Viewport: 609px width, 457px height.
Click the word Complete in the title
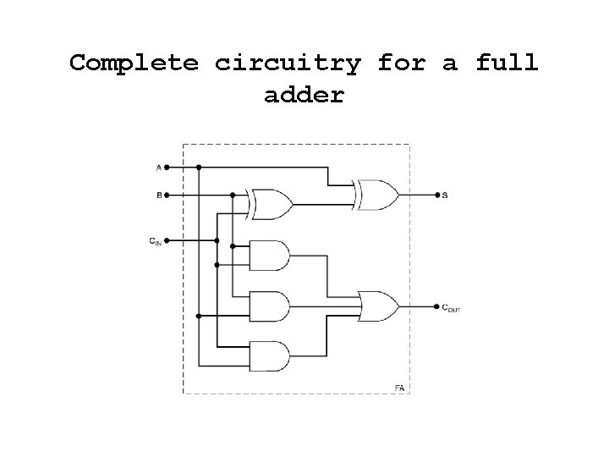point(134,63)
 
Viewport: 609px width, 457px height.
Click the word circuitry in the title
point(288,63)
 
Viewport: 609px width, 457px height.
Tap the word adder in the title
point(304,95)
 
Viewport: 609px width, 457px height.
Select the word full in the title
point(507,63)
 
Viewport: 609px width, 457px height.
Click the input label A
point(158,168)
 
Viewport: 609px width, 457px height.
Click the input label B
point(158,195)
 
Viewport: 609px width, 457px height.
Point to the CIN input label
point(156,242)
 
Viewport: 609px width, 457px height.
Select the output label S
point(445,195)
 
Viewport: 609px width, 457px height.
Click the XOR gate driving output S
point(378,195)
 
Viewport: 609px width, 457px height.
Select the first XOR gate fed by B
point(272,204)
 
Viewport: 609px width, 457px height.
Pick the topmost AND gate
point(270,255)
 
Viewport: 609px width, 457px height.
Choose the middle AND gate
point(270,306)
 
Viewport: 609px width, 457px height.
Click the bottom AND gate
point(270,356)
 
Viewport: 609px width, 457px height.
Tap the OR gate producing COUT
point(378,306)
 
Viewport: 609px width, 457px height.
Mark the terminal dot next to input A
point(167,168)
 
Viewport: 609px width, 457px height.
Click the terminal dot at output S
point(436,195)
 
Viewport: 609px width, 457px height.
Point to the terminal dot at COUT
point(436,306)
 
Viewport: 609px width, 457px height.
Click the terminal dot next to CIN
point(167,241)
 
